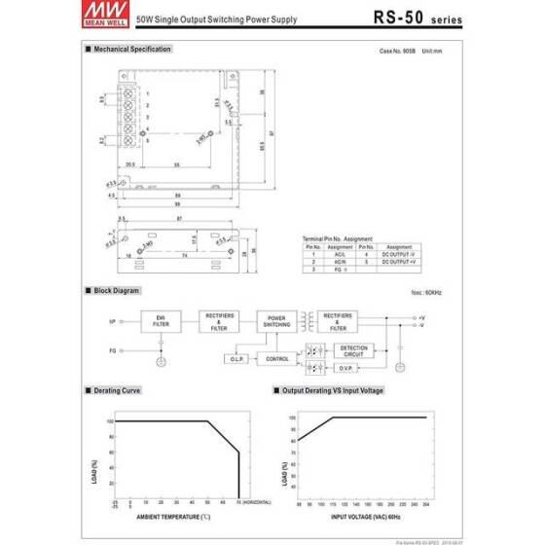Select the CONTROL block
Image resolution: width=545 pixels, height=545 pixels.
coord(278,359)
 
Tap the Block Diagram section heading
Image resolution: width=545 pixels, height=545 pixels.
coord(117,291)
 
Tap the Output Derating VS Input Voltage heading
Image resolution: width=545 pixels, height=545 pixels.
coord(333,390)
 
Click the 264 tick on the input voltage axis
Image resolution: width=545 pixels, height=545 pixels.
coord(425,504)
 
